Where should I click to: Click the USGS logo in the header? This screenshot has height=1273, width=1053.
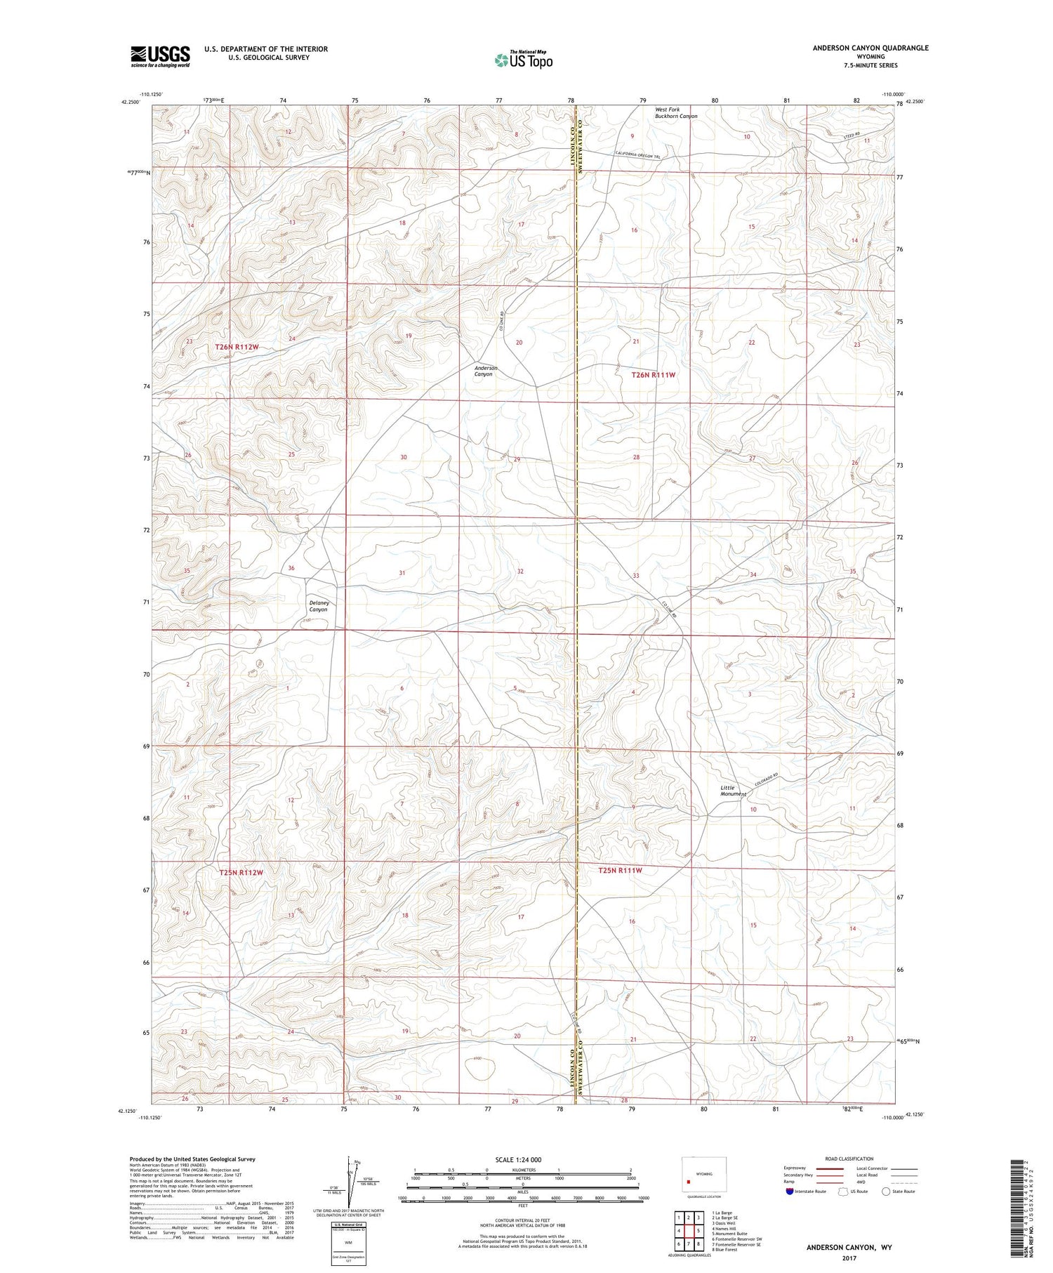[x=160, y=56]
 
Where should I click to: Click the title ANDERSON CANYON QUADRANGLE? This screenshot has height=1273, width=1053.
[x=870, y=48]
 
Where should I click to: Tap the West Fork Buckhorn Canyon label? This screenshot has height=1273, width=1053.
[x=676, y=113]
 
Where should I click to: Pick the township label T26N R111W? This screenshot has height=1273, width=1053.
[x=653, y=375]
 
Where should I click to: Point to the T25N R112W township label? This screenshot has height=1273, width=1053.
[x=241, y=872]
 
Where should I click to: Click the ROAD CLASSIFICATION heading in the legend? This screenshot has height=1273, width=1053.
[x=849, y=1159]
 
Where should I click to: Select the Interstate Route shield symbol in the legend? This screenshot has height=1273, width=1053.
[x=790, y=1191]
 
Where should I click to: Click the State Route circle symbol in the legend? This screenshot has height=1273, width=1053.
[x=886, y=1191]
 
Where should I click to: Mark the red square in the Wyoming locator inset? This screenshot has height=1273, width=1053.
[x=698, y=1180]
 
